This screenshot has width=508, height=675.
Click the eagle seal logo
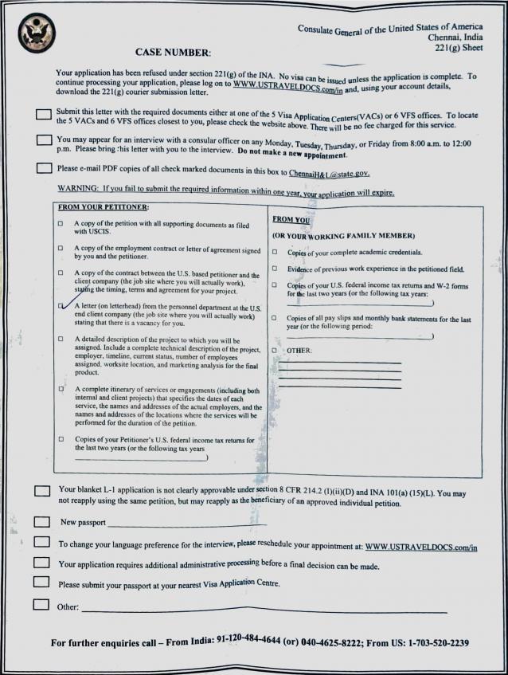[x=37, y=33]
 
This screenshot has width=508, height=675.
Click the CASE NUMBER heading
[x=173, y=53]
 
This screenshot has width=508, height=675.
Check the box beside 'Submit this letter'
[x=45, y=115]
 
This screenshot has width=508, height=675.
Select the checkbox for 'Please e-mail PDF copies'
[x=45, y=168]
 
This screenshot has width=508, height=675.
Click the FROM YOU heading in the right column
[x=291, y=218]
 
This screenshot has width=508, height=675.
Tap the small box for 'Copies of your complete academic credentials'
[x=274, y=252]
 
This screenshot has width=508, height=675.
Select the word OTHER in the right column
[x=299, y=350]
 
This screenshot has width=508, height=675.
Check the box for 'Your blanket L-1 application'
[x=43, y=491]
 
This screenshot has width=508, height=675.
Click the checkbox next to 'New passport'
[x=42, y=521]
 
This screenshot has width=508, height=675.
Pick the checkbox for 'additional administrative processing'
[x=42, y=563]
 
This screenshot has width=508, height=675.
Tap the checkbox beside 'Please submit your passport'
[x=41, y=582]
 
